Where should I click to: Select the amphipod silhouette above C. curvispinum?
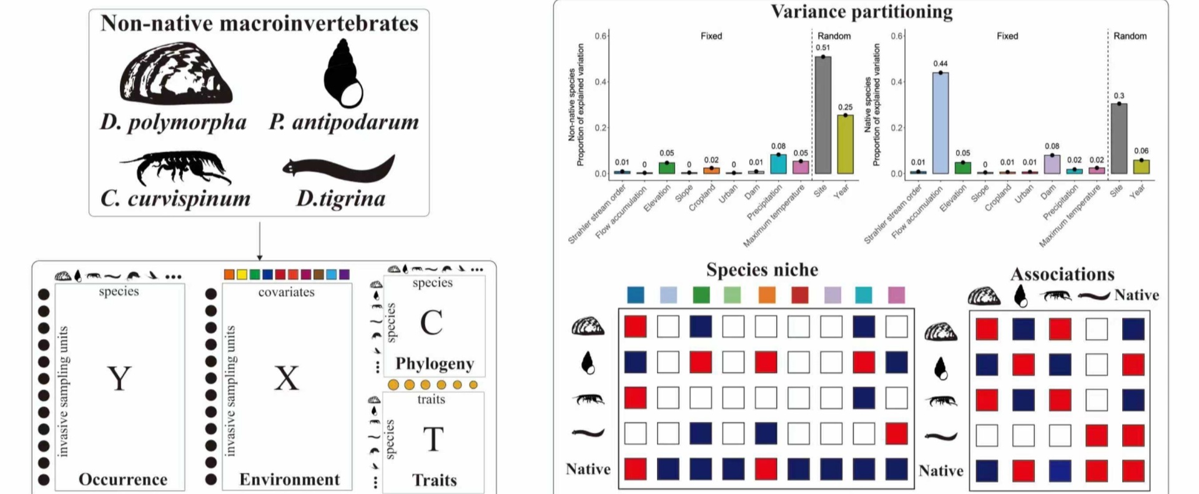[x=175, y=167]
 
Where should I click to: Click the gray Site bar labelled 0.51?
[x=823, y=116]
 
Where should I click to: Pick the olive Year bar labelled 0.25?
[x=845, y=144]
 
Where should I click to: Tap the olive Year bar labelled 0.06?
[x=1142, y=167]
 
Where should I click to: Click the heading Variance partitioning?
[x=861, y=12]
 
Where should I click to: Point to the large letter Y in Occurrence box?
[x=119, y=378]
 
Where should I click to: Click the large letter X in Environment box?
[x=287, y=378]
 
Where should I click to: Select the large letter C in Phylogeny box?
[x=432, y=323]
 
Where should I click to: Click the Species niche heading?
[x=762, y=270]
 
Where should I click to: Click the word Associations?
[x=1062, y=274]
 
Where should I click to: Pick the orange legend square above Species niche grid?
[x=767, y=295]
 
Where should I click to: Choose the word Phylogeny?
[x=435, y=363]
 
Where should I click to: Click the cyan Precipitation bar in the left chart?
[x=778, y=164]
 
